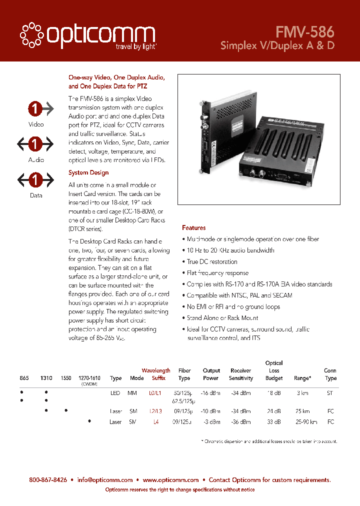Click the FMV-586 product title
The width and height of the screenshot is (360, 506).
[x=304, y=32]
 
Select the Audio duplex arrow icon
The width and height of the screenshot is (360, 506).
[x=35, y=144]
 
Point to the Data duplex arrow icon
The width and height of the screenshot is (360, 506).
[x=35, y=180]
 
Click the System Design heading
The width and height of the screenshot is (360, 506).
[x=88, y=172]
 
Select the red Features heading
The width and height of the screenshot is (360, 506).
[x=194, y=228]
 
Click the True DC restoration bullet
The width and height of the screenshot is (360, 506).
[x=212, y=261]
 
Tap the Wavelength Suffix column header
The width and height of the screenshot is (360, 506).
[x=156, y=374]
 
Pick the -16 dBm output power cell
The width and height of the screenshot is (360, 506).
[x=211, y=393]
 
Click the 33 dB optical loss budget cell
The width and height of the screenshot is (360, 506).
[x=274, y=422]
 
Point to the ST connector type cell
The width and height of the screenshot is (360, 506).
[x=330, y=393]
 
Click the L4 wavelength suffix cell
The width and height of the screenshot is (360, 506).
[x=156, y=422]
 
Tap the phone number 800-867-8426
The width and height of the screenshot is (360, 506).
[x=48, y=480]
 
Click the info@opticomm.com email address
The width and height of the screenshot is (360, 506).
[x=105, y=480]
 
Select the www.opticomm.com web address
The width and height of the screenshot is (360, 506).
[x=170, y=480]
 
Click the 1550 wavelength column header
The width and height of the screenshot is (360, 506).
[x=66, y=378]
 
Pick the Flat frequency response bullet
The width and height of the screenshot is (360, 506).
[x=217, y=273]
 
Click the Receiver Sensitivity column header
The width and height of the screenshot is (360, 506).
[x=241, y=374]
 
